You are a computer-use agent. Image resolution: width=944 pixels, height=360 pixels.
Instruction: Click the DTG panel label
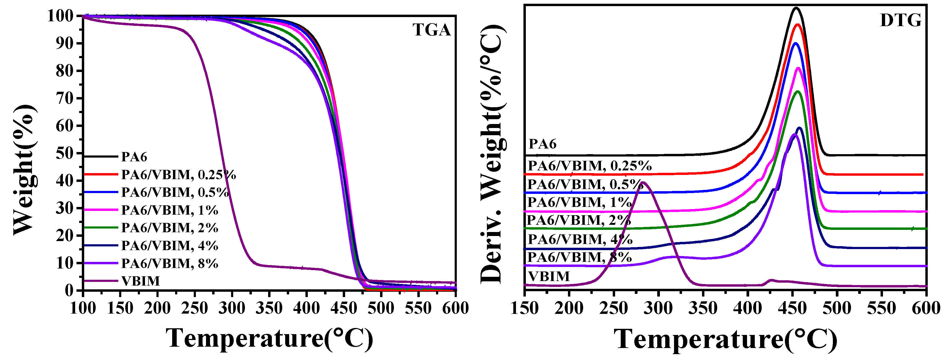(x=900, y=21)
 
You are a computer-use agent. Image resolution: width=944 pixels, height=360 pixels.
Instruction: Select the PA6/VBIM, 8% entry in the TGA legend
(x=169, y=263)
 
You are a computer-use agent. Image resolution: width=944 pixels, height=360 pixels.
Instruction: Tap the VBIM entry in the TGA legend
(x=141, y=281)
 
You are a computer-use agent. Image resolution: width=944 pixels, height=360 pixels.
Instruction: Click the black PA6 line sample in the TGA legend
(x=101, y=157)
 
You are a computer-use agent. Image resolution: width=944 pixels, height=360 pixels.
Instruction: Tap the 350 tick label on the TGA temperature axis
(x=269, y=308)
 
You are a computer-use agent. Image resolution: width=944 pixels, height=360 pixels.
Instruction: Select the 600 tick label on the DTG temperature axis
(x=926, y=308)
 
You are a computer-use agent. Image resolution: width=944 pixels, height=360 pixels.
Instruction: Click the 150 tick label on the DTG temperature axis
(x=525, y=308)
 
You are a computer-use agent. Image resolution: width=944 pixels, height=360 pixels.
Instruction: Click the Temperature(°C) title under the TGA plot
(x=269, y=338)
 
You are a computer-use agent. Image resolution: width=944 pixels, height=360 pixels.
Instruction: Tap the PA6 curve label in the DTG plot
(x=542, y=144)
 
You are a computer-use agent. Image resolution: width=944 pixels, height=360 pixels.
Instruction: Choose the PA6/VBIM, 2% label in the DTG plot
(x=579, y=220)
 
